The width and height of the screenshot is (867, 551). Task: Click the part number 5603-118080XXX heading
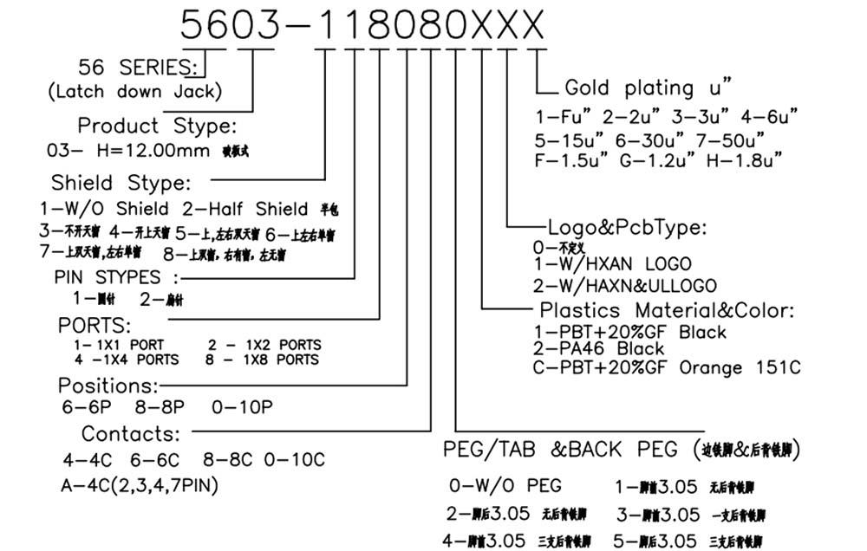point(362,23)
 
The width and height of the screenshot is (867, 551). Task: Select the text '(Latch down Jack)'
point(134,91)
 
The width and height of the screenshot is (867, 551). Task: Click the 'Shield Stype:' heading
point(120,183)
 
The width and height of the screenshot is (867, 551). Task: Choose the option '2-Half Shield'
point(245,209)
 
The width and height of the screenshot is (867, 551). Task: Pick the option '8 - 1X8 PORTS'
point(262,359)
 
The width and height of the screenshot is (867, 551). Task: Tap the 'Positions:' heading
point(108,385)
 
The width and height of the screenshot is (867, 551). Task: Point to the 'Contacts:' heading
point(131,433)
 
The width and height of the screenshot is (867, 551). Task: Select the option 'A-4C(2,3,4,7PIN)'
point(140,485)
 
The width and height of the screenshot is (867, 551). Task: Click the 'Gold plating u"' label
point(649,88)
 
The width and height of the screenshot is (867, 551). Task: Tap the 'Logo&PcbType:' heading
point(628,228)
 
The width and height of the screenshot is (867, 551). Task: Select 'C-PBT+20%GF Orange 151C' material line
point(666,367)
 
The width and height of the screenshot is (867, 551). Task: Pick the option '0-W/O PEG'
point(505,484)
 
